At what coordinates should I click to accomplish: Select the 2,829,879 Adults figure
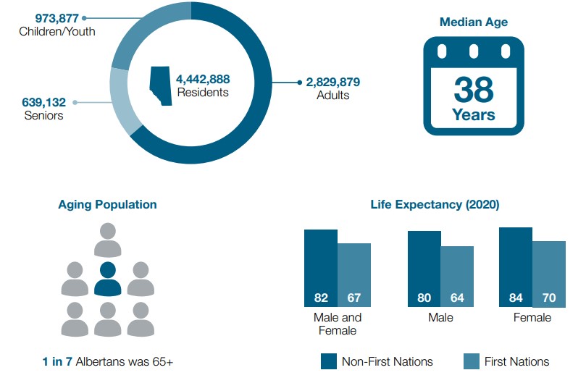[332, 82]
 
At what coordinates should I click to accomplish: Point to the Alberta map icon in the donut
[161, 85]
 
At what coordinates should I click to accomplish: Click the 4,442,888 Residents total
[203, 79]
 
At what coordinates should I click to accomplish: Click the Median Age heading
[473, 22]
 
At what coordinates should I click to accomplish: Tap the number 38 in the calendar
[474, 90]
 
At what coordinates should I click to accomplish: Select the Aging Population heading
[107, 204]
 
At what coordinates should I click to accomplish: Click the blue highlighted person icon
[107, 279]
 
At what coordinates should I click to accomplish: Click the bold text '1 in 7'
[57, 361]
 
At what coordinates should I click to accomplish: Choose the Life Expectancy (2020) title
[435, 204]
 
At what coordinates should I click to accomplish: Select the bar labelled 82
[321, 268]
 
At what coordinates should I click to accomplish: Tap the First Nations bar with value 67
[354, 275]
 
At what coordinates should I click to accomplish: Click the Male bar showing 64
[457, 277]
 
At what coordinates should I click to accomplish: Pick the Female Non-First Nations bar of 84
[516, 266]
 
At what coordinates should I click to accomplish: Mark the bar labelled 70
[549, 274]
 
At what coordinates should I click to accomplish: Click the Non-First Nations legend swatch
[329, 361]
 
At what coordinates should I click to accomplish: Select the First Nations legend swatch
[471, 361]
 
